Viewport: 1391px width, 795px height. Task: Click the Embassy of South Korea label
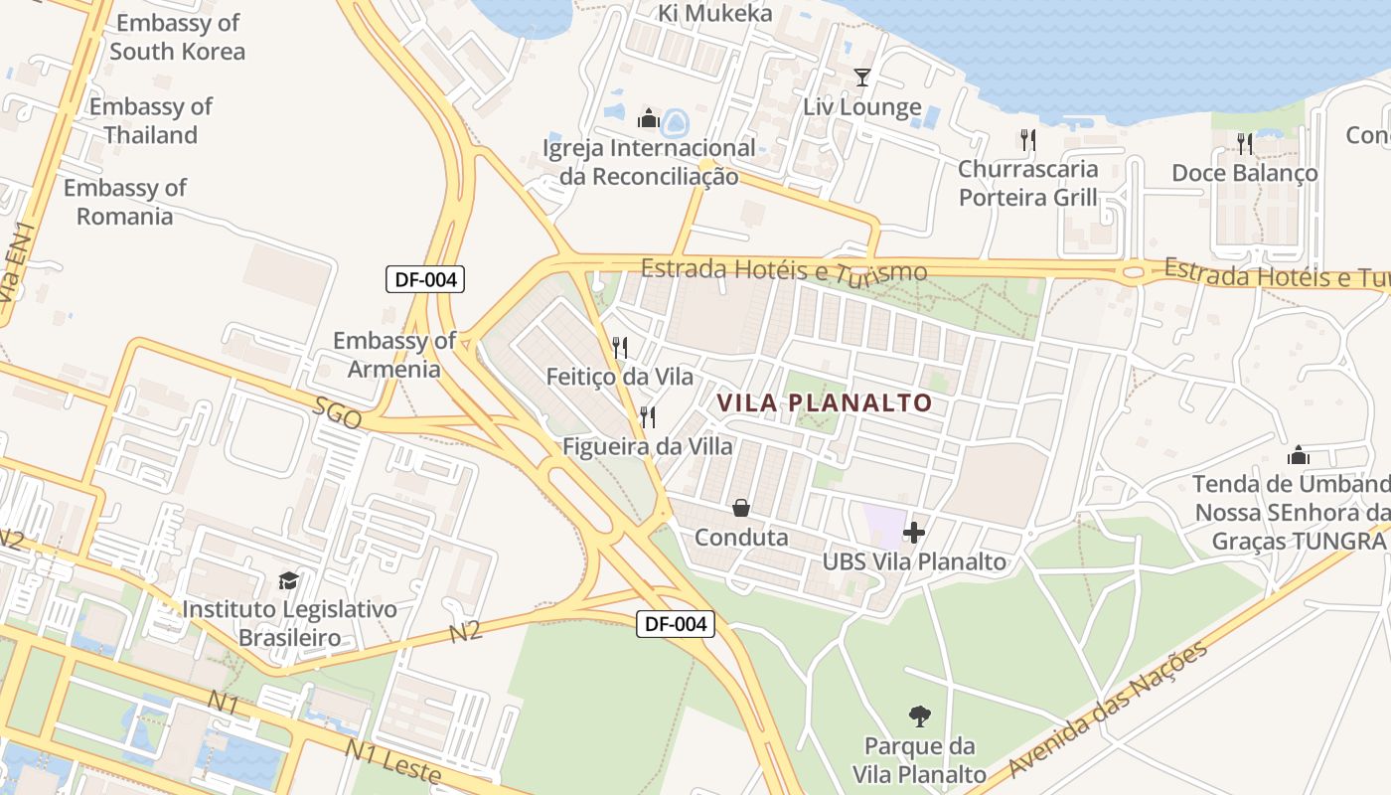pos(177,37)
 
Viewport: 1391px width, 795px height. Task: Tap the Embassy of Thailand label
pos(151,120)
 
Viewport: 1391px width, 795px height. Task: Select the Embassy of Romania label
pos(125,202)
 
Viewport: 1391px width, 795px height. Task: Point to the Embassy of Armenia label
pos(394,355)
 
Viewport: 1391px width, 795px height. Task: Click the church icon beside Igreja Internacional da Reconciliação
pos(649,119)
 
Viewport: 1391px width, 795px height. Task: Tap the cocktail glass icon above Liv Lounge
pos(861,78)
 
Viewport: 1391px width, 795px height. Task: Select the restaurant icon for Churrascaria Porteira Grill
pos(1028,139)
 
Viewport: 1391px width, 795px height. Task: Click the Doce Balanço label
pos(1245,173)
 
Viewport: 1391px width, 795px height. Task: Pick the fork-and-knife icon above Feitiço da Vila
pos(620,347)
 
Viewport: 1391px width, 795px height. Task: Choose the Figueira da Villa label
pos(648,446)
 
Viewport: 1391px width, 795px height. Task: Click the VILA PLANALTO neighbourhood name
pos(824,402)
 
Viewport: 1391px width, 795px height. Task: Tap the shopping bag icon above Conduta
pos(741,509)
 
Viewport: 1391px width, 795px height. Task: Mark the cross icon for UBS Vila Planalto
pos(914,533)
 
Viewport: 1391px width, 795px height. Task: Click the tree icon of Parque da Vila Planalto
pos(920,715)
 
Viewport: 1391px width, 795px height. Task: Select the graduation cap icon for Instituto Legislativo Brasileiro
pos(288,580)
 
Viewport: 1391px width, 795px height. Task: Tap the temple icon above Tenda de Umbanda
pos(1298,455)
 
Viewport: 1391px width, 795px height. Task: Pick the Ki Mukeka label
pos(715,13)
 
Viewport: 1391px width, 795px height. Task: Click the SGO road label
pos(338,413)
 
